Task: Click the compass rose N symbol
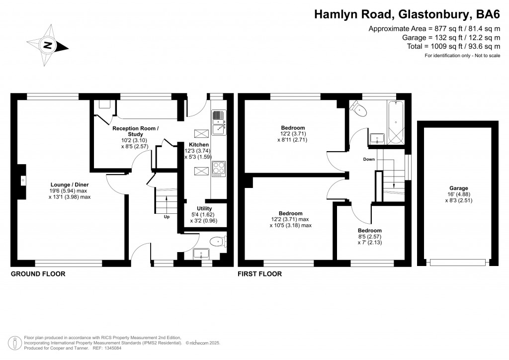coord(48,45)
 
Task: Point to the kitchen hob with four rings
coord(219,169)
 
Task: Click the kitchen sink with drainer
coord(219,122)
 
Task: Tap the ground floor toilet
coord(218,242)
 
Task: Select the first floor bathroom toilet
coord(359,109)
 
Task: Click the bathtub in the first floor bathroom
coord(395,122)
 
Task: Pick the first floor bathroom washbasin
coord(377,139)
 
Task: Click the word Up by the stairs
coord(167,217)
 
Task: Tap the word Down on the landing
coord(369,160)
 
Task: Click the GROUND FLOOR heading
coord(38,274)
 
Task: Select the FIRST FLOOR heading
coord(259,274)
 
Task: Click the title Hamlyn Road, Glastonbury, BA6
coord(407,14)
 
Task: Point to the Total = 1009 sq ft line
coord(453,46)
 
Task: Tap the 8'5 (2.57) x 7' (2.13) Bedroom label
coord(370,236)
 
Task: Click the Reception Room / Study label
coord(135,137)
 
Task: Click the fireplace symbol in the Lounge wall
coord(22,181)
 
